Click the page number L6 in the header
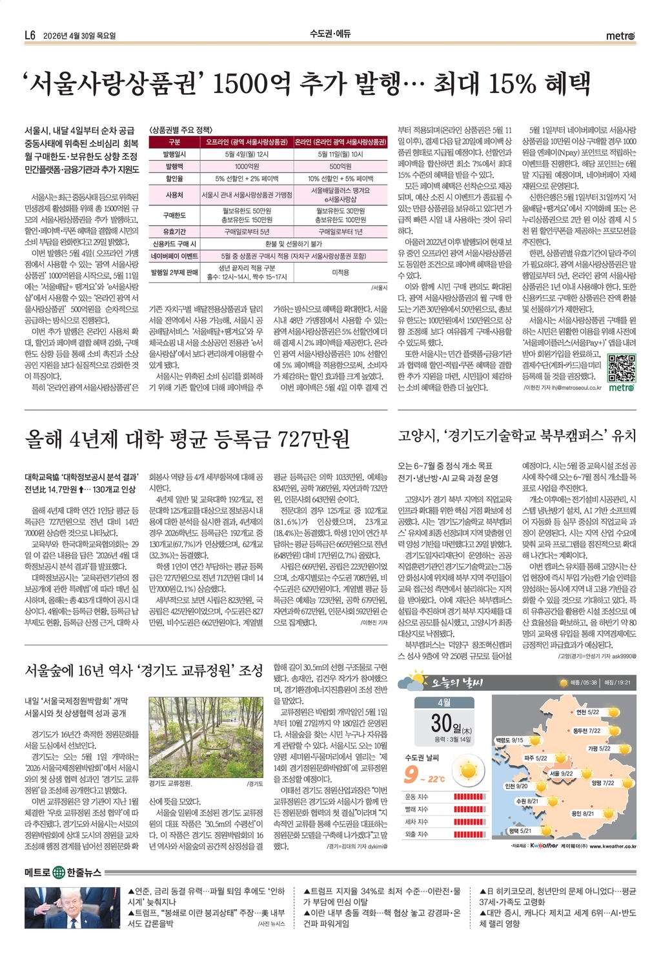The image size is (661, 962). tap(30, 36)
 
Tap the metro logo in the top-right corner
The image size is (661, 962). tap(621, 36)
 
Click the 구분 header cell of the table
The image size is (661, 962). tap(174, 141)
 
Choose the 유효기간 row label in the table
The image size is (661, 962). tap(174, 231)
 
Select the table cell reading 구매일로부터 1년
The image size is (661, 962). tap(340, 231)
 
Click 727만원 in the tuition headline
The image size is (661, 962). tap(313, 440)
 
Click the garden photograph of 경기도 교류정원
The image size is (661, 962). tap(206, 737)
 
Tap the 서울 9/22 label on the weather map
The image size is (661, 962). tap(561, 773)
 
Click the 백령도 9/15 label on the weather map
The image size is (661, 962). tap(509, 740)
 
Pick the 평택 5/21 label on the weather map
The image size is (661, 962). tap(520, 830)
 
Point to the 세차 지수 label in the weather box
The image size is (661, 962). tap(416, 822)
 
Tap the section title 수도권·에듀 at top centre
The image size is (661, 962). tap(330, 36)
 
